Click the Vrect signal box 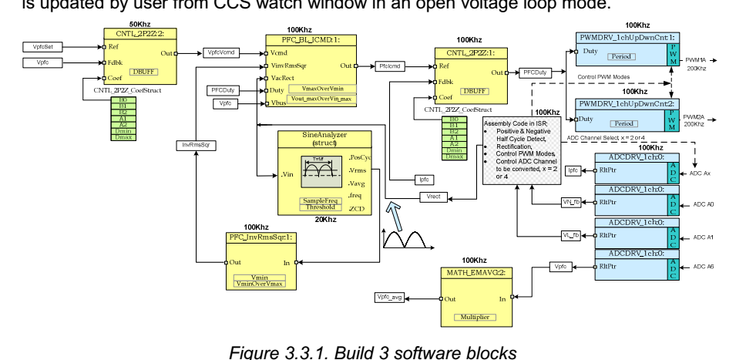435,197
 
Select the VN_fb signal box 570,202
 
